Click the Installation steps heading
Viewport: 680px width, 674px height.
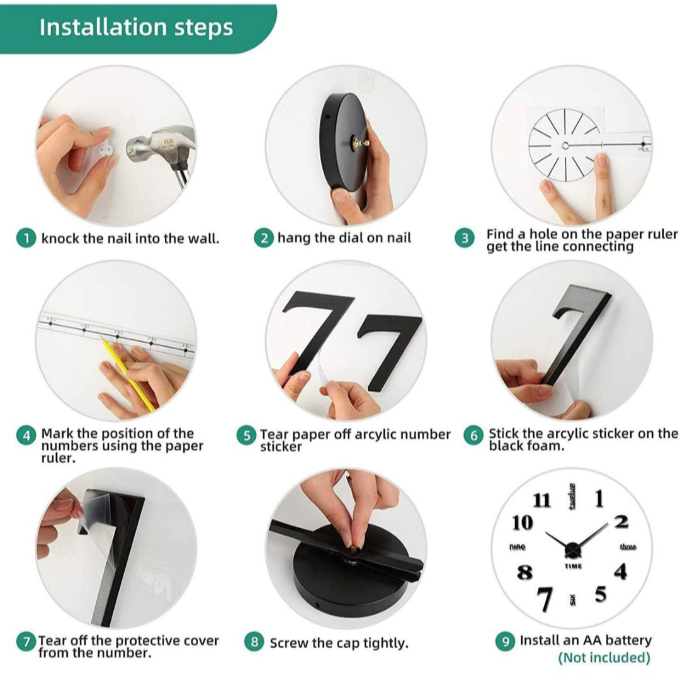coord(136,28)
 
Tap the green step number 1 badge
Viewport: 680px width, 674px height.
coord(26,239)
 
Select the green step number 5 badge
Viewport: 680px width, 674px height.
coord(246,436)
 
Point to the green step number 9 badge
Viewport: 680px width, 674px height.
coord(506,641)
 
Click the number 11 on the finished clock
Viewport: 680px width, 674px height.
coord(541,501)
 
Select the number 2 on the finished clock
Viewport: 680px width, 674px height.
coord(621,522)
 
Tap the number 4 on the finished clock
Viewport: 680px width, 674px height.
coord(621,572)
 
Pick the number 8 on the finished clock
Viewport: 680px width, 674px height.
coord(524,573)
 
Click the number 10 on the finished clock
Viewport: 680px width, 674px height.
coord(522,522)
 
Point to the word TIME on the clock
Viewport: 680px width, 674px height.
coord(573,566)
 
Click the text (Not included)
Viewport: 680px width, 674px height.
coord(604,658)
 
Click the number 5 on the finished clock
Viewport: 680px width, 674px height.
coord(601,594)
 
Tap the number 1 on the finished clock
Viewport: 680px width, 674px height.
coord(599,498)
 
